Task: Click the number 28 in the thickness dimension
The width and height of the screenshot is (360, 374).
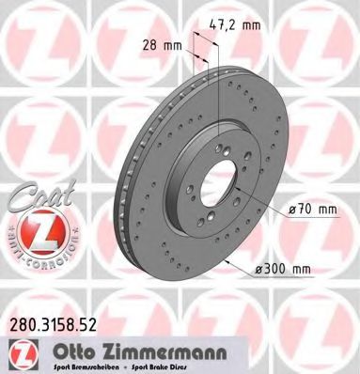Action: pyautogui.click(x=149, y=44)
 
